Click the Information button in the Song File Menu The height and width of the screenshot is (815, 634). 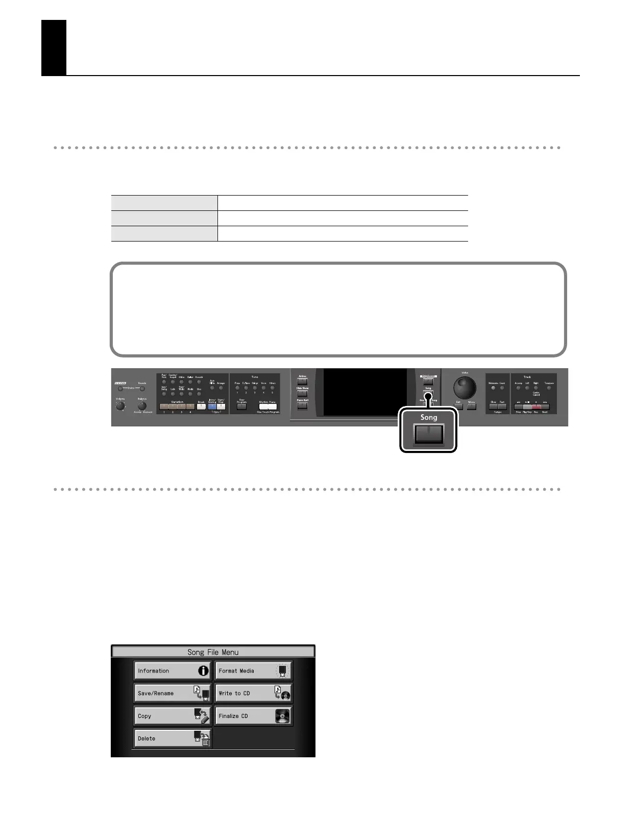(173, 670)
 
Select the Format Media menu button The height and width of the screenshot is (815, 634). (253, 670)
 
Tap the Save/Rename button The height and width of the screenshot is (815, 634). (173, 693)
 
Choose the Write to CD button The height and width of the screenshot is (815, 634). (253, 693)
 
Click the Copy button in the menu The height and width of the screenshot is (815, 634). (173, 715)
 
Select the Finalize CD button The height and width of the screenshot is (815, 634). (253, 715)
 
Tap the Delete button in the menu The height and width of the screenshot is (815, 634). (173, 738)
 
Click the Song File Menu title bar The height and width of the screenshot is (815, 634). (213, 652)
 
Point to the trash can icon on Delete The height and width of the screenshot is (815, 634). (205, 741)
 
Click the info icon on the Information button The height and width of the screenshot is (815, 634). (203, 670)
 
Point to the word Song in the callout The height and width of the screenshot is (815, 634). (429, 417)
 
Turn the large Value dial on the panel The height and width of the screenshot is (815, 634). (465, 388)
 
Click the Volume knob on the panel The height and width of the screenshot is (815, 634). (120, 406)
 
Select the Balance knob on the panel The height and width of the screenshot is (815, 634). (142, 406)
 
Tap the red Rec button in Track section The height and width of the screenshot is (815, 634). (536, 406)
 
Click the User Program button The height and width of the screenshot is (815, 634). (242, 406)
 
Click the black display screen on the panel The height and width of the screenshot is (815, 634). (365, 392)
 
